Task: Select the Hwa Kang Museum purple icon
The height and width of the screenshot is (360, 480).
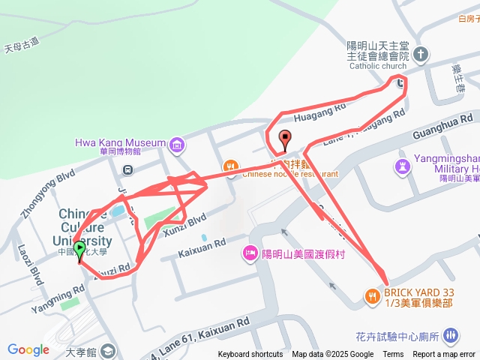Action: (x=176, y=143)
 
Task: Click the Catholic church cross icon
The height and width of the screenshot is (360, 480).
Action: (x=421, y=54)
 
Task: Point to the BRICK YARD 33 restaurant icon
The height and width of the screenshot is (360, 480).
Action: (x=373, y=296)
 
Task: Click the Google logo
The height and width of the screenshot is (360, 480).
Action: (x=28, y=349)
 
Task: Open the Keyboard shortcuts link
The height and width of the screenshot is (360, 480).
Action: (x=250, y=355)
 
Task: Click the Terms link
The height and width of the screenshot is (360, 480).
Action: (x=393, y=355)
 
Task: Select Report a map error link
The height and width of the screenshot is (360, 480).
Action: (x=444, y=355)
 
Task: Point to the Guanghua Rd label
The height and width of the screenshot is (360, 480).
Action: (x=445, y=124)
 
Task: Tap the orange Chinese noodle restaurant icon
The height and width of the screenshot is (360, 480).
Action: (x=230, y=166)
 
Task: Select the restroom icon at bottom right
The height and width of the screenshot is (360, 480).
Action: (x=450, y=335)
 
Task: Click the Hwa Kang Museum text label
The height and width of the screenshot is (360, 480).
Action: (x=120, y=142)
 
